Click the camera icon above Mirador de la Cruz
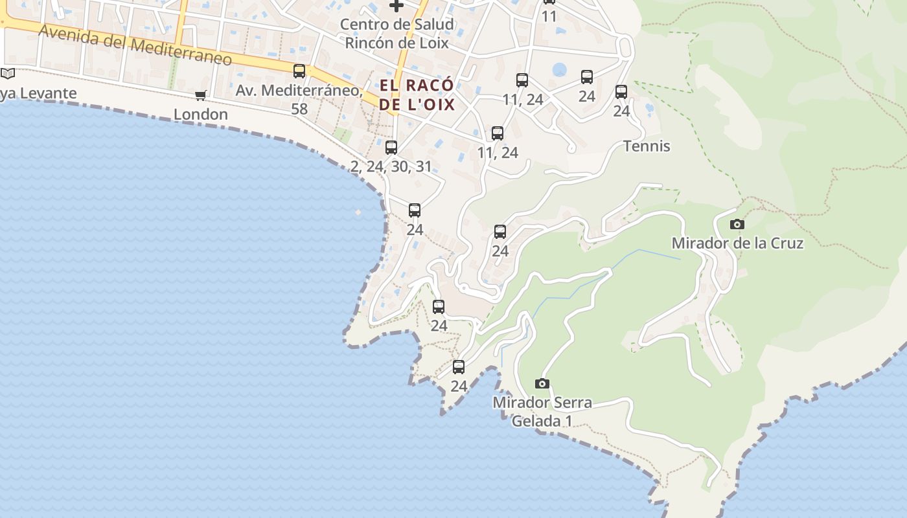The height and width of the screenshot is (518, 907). coord(737,225)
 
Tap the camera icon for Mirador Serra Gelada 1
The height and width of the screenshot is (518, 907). coord(542,383)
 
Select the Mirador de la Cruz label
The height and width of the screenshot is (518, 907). coord(737,243)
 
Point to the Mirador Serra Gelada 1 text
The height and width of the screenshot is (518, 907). coord(542,412)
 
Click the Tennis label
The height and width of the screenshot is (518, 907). coord(647,146)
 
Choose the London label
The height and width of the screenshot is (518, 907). coord(201,115)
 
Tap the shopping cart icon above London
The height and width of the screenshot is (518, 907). coord(201,96)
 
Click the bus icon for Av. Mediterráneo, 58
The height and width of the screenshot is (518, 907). coord(299,71)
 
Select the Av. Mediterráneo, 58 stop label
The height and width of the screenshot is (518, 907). coord(299,99)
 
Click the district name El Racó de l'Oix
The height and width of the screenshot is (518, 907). coord(417,95)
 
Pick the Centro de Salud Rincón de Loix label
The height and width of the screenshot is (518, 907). coord(398,34)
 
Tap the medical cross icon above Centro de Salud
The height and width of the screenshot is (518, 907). coord(396,6)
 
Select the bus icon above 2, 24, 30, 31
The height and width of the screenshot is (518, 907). coord(391,148)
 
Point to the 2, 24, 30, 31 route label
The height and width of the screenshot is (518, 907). coord(391,166)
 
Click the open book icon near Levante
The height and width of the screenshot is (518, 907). coord(7,74)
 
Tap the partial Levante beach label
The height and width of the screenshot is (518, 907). coord(38,94)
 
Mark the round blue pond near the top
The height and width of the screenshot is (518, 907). coord(560,69)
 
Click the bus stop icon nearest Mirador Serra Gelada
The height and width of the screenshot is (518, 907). coord(459,367)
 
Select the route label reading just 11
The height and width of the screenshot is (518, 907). coord(549,16)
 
